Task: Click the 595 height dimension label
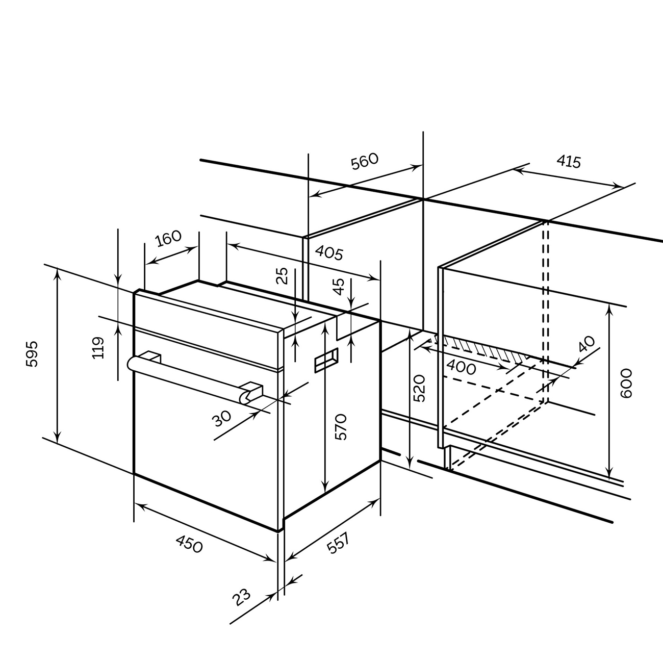32,354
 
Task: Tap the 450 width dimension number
189,544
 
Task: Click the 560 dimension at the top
364,161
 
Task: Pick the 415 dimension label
569,161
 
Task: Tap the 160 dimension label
168,238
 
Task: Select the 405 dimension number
329,253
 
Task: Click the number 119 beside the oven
98,348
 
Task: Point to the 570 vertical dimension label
341,427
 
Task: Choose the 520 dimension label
419,389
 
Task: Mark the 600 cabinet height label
626,384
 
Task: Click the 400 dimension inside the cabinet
461,367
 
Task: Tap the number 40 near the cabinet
586,344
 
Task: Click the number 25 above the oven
282,276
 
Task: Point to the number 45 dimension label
339,287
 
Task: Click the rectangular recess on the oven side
326,360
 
